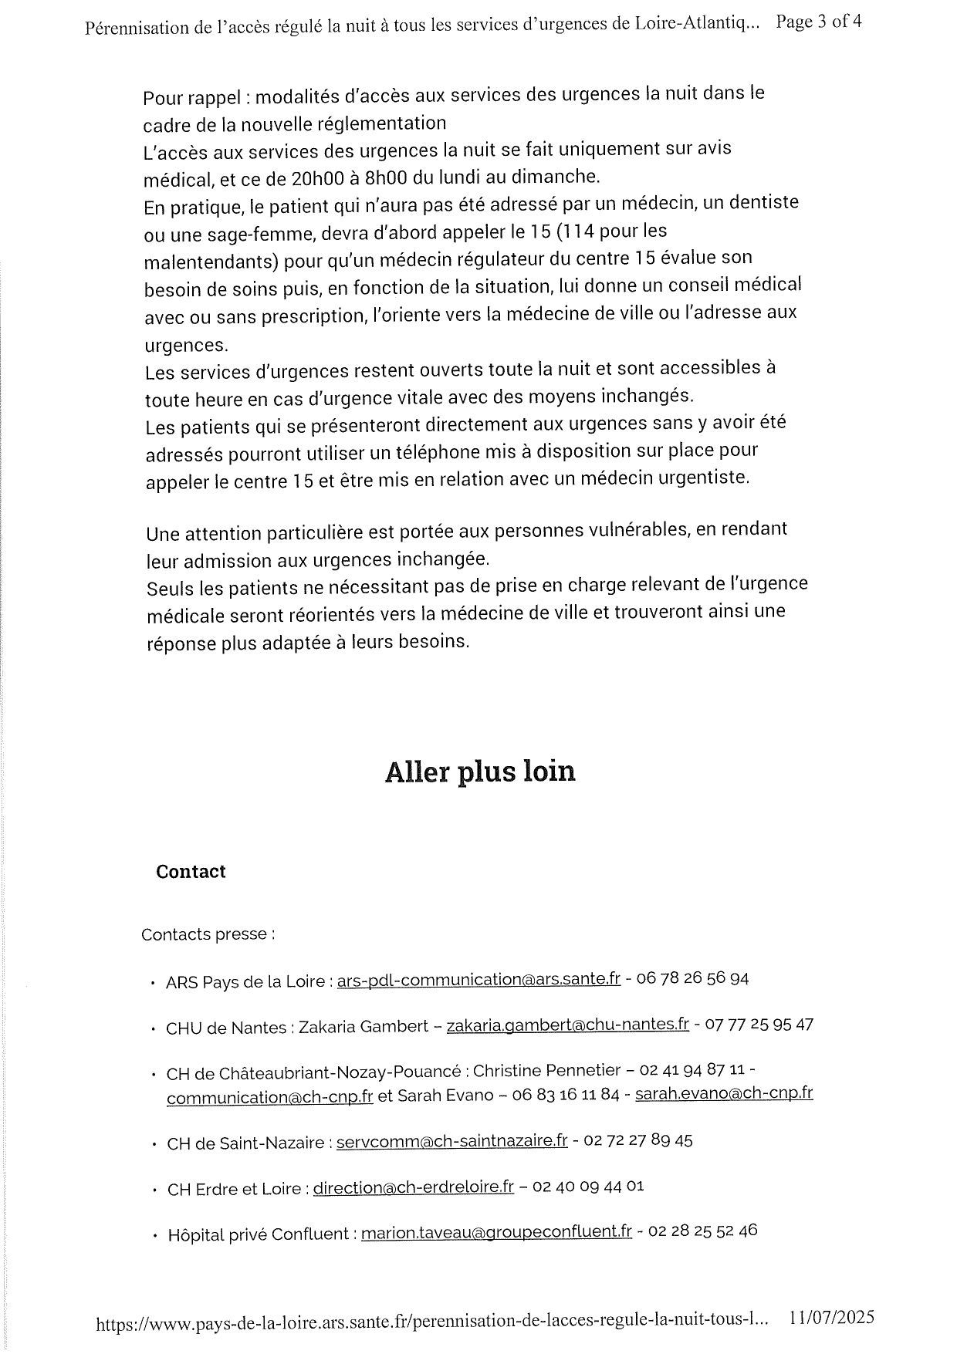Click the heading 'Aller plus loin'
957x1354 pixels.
click(x=480, y=772)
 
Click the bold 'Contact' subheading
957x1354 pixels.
click(x=191, y=872)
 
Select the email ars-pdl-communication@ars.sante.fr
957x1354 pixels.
click(x=478, y=980)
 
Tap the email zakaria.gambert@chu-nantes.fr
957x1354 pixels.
click(x=567, y=1025)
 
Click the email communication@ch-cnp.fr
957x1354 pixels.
click(x=270, y=1097)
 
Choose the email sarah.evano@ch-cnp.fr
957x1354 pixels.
click(x=724, y=1093)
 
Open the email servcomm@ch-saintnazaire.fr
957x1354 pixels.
click(x=452, y=1141)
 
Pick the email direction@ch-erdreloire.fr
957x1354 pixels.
click(x=414, y=1188)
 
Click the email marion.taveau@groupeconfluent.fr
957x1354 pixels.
click(x=496, y=1233)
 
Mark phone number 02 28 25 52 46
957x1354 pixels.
click(x=703, y=1231)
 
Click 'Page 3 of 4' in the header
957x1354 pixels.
click(x=819, y=22)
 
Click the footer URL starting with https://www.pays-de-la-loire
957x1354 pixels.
click(x=432, y=1322)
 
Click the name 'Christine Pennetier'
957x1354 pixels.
click(x=546, y=1071)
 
